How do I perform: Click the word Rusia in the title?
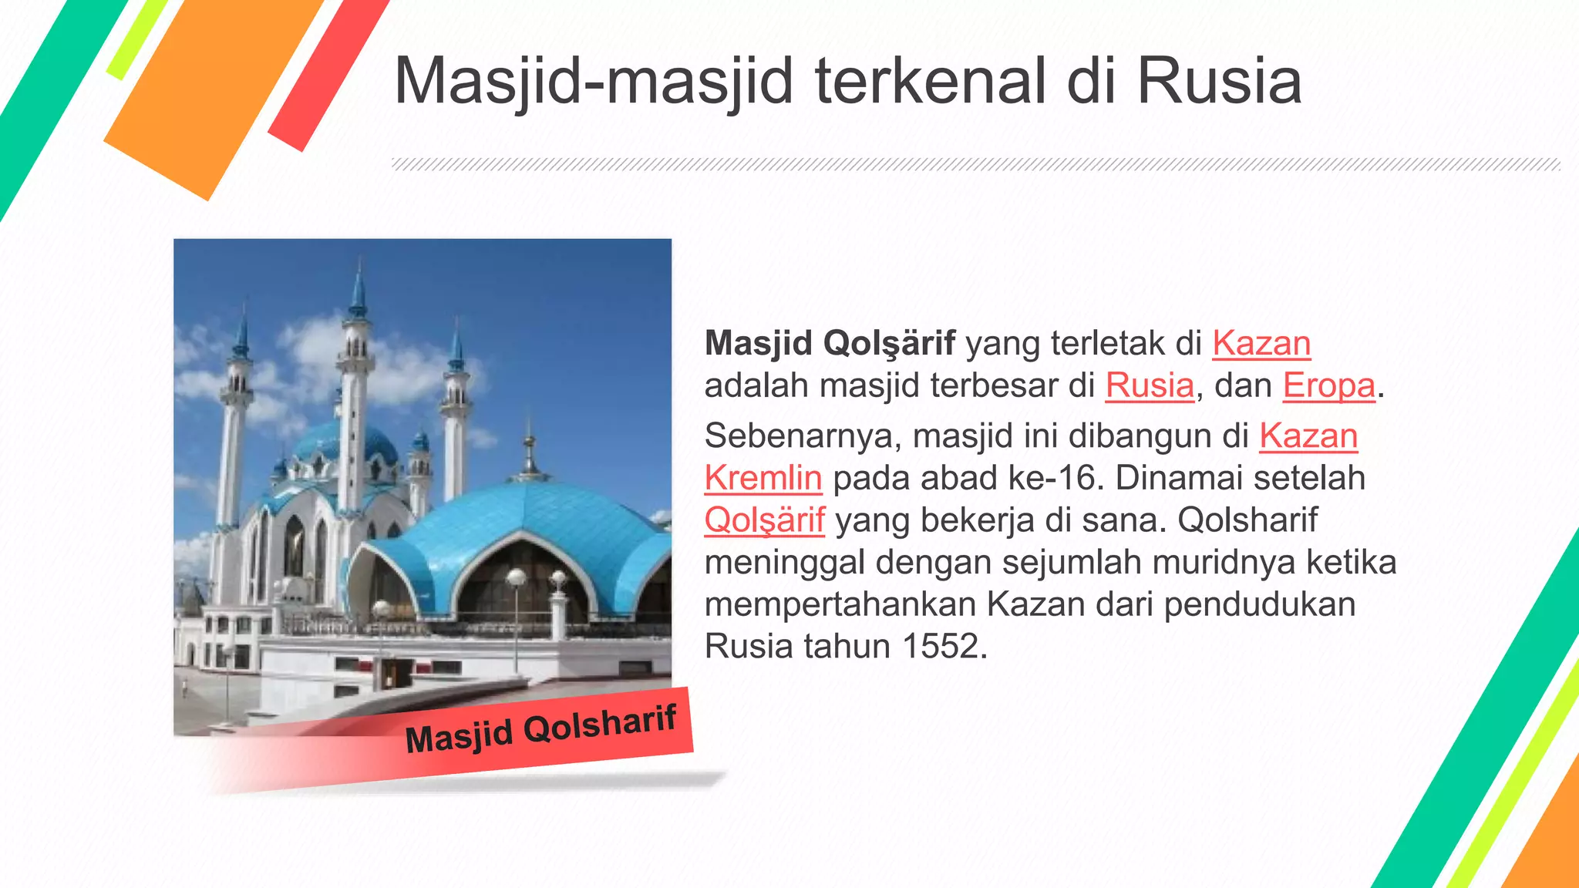1219,82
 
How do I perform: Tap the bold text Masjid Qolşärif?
830,344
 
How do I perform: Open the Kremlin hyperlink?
763,479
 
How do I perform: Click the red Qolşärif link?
764,520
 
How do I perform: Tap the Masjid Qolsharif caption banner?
540,729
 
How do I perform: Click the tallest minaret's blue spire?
358,289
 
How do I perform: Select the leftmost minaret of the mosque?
234,432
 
